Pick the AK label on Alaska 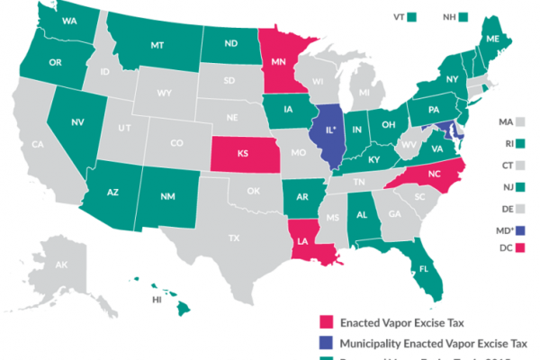coord(62,266)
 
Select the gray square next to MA coord(522,120)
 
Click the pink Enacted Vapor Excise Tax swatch coord(327,320)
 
